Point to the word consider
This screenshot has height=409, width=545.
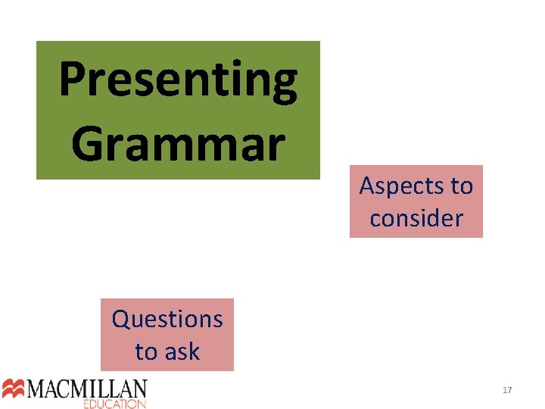coord(416,218)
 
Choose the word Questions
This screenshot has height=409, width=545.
coord(167,319)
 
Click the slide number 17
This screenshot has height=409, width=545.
coord(507,390)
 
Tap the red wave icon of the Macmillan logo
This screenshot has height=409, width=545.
coord(14,389)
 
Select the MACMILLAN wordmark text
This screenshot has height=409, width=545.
coord(87,389)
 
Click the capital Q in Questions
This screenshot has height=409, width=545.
coord(121,319)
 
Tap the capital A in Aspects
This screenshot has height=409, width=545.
coord(367,186)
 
